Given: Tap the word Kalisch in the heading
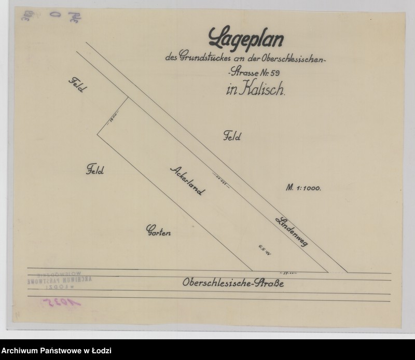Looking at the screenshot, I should [263, 90].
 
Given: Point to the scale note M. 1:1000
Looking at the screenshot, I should [303, 188].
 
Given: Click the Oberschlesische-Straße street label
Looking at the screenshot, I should [233, 284].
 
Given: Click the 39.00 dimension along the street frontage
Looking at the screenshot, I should [288, 271].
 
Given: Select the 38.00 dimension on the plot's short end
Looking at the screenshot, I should [114, 120].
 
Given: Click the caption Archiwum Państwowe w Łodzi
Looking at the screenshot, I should [56, 351].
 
